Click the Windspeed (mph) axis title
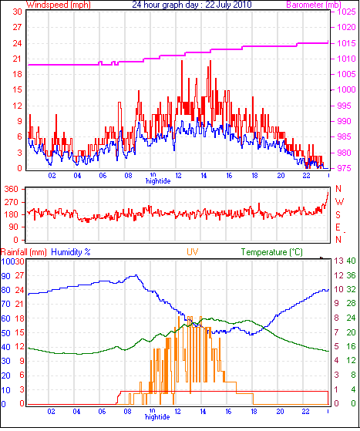[x=59, y=5]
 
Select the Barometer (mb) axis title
[x=314, y=5]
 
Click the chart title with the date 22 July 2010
[x=192, y=5]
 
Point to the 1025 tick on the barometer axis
[x=346, y=12]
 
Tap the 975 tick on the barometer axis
[x=345, y=168]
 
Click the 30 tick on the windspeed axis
[x=17, y=12]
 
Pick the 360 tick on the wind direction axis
[x=11, y=189]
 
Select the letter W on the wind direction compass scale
[x=340, y=202]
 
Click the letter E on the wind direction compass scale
[x=338, y=227]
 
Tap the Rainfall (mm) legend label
[x=24, y=252]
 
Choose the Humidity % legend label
[x=71, y=252]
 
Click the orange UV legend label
[x=193, y=252]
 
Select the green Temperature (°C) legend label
[x=272, y=252]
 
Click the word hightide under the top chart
[x=158, y=181]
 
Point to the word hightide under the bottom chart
[x=157, y=417]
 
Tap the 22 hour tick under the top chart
[x=306, y=175]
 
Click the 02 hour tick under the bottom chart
[x=51, y=412]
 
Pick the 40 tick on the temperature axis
[x=351, y=261]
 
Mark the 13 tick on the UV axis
[x=339, y=261]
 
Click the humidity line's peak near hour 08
[x=136, y=275]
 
